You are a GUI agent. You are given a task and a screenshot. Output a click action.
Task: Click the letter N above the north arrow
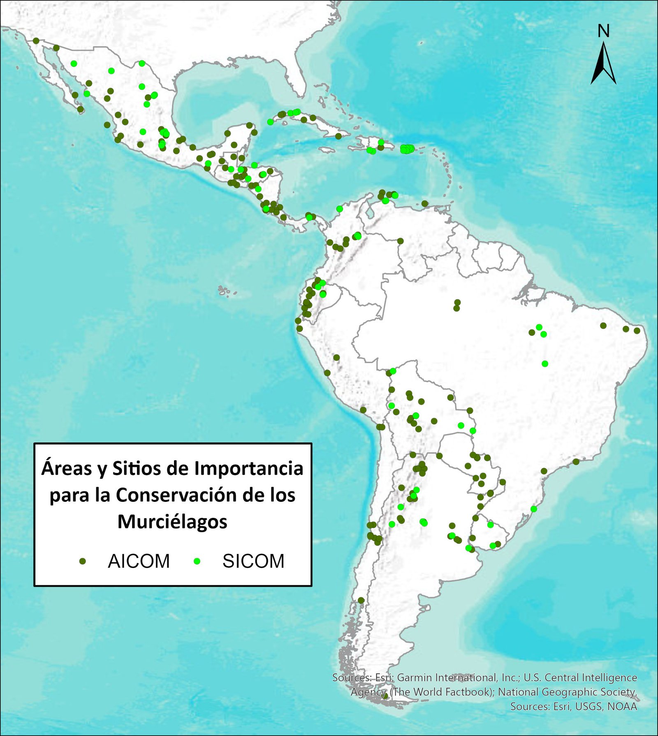point(603,31)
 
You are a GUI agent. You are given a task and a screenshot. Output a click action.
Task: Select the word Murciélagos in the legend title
point(172,522)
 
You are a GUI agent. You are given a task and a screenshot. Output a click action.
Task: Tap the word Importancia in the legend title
point(249,468)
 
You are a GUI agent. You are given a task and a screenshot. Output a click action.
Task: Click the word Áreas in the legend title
point(66,468)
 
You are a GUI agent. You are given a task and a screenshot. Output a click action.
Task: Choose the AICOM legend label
point(139,561)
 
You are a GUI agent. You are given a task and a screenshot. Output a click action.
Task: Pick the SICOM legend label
point(253,561)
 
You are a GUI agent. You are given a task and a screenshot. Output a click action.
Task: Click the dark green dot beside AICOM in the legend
point(83,561)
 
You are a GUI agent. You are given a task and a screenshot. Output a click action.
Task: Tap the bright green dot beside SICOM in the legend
point(197,561)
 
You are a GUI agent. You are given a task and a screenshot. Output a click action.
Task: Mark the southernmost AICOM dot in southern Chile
point(361,600)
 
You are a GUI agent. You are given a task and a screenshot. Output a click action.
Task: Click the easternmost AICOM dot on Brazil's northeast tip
point(637,331)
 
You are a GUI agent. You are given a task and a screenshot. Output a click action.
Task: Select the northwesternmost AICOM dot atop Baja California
point(36,41)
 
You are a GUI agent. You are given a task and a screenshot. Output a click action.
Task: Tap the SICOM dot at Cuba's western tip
point(270,122)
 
